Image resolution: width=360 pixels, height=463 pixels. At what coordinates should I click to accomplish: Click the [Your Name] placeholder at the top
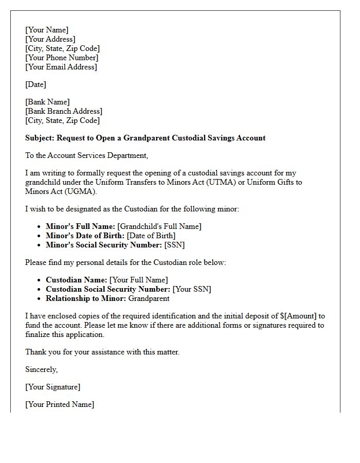47,30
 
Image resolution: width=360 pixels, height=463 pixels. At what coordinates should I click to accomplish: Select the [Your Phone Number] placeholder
62,58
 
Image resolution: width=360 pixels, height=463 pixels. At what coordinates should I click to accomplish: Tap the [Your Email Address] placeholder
61,67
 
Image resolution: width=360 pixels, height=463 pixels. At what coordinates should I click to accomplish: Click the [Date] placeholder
36,84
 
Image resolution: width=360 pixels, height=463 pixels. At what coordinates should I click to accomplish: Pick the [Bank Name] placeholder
47,102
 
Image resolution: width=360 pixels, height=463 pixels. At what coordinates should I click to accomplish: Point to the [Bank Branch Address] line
64,111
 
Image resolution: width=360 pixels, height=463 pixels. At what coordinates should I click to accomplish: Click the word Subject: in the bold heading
40,138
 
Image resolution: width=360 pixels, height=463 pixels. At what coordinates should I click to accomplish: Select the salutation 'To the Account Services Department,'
86,155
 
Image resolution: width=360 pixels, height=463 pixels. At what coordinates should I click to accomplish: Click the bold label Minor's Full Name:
80,226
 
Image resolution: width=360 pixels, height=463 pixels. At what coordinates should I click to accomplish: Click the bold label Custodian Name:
77,280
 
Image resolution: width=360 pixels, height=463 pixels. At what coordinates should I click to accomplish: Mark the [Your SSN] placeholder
192,289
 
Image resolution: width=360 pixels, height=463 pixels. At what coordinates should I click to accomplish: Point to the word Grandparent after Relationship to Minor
149,298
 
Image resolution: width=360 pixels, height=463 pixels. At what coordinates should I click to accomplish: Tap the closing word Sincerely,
42,369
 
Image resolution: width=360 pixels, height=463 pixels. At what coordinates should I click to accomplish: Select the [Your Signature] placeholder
53,387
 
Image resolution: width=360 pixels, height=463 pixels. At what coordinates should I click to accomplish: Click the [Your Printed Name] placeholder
60,404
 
